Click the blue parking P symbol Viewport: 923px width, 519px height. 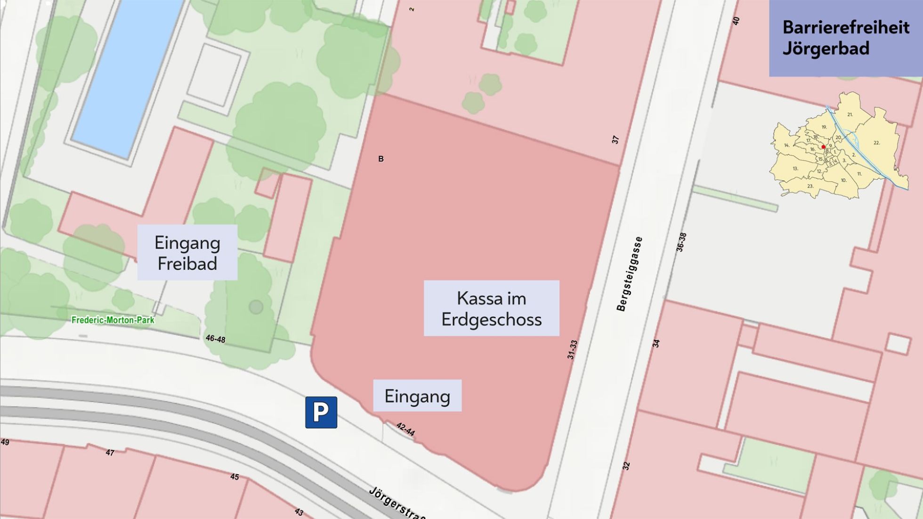[x=321, y=412]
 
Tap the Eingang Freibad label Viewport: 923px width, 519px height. [x=187, y=253]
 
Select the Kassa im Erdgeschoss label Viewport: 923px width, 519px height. [x=491, y=309]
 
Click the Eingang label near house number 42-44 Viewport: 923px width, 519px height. [x=417, y=396]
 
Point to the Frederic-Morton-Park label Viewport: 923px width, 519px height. [x=113, y=320]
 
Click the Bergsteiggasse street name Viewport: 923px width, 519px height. [x=630, y=274]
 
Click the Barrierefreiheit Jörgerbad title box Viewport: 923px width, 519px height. [x=846, y=38]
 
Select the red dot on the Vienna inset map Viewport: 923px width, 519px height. [x=823, y=147]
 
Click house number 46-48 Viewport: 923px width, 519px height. [x=215, y=338]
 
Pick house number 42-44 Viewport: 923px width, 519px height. [x=405, y=429]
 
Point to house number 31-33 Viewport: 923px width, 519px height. [x=572, y=350]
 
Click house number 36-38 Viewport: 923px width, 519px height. [x=681, y=242]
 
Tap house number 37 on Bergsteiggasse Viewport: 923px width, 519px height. [x=615, y=139]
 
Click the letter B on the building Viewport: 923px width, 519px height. [x=381, y=159]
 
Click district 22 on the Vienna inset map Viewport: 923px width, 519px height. [x=876, y=143]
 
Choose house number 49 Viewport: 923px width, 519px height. [x=5, y=442]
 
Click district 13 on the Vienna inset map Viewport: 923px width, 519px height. [x=795, y=168]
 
